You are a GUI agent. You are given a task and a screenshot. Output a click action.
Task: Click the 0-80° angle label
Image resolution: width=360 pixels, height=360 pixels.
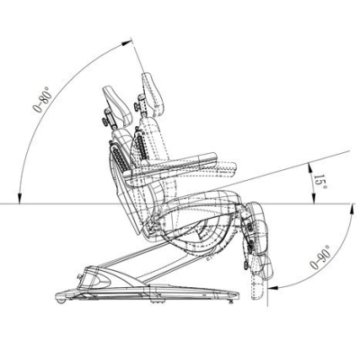43,99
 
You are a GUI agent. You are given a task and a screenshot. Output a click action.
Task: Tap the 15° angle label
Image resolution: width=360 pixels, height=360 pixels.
320,182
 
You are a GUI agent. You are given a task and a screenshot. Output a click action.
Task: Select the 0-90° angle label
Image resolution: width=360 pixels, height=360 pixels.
320,257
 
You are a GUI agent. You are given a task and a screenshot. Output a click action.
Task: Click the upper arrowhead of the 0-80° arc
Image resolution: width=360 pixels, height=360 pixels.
127,42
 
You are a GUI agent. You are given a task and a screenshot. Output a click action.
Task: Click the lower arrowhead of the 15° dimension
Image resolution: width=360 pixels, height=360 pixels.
313,199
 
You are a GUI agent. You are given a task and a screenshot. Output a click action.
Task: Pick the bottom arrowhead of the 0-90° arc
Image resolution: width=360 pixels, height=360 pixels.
273,288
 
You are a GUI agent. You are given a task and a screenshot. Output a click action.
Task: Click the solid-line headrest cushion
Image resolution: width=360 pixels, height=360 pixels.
118,105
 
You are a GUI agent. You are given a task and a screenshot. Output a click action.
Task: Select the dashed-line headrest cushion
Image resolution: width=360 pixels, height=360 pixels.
153,94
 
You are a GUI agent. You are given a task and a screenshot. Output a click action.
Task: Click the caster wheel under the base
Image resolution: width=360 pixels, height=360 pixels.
60,300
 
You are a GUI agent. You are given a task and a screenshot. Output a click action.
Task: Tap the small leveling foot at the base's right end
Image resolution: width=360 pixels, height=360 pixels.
230,301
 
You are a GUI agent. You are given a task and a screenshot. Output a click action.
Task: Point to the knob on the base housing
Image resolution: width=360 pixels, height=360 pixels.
80,276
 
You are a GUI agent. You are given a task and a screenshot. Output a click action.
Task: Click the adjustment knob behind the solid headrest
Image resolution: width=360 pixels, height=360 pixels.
105,121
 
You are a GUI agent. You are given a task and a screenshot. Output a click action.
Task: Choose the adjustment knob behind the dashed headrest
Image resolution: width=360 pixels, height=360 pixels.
137,106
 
